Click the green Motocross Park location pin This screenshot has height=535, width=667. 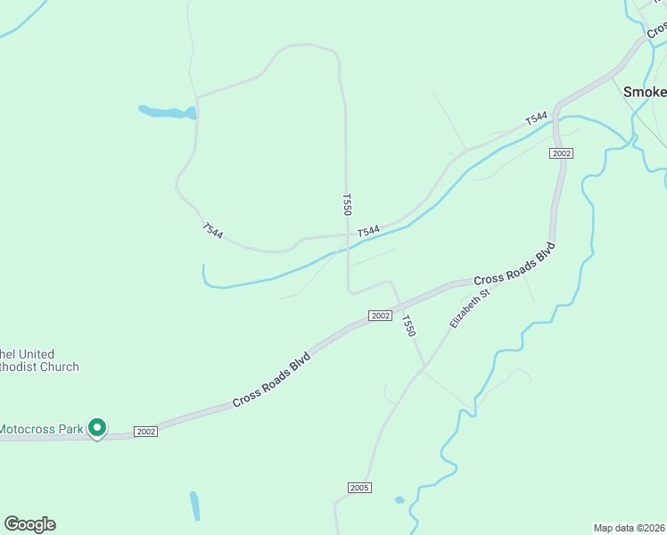pyautogui.click(x=98, y=428)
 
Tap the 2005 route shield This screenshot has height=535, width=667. pyautogui.click(x=359, y=488)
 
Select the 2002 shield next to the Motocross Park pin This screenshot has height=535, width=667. pyautogui.click(x=146, y=432)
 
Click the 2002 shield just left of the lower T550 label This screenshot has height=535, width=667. pyautogui.click(x=380, y=316)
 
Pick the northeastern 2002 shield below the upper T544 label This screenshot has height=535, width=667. pyautogui.click(x=561, y=153)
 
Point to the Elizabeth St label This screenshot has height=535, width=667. pyautogui.click(x=470, y=308)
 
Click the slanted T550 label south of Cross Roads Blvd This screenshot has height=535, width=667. pyautogui.click(x=408, y=325)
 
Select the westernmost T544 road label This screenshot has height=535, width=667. pyautogui.click(x=212, y=230)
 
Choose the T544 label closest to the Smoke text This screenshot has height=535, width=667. pyautogui.click(x=535, y=118)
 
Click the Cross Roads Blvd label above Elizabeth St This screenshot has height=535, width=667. pyautogui.click(x=514, y=264)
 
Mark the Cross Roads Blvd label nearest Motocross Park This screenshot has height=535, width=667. pyautogui.click(x=272, y=380)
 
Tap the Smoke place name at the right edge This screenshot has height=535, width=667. pyautogui.click(x=644, y=92)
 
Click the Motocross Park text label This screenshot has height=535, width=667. pyautogui.click(x=41, y=429)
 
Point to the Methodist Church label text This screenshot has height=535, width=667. pyautogui.click(x=39, y=360)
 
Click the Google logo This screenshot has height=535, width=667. pyautogui.click(x=29, y=524)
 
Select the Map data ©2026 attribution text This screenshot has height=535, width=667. pyautogui.click(x=629, y=527)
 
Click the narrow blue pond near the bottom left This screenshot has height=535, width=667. pyautogui.click(x=194, y=506)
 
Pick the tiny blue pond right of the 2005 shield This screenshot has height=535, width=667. pyautogui.click(x=399, y=499)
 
